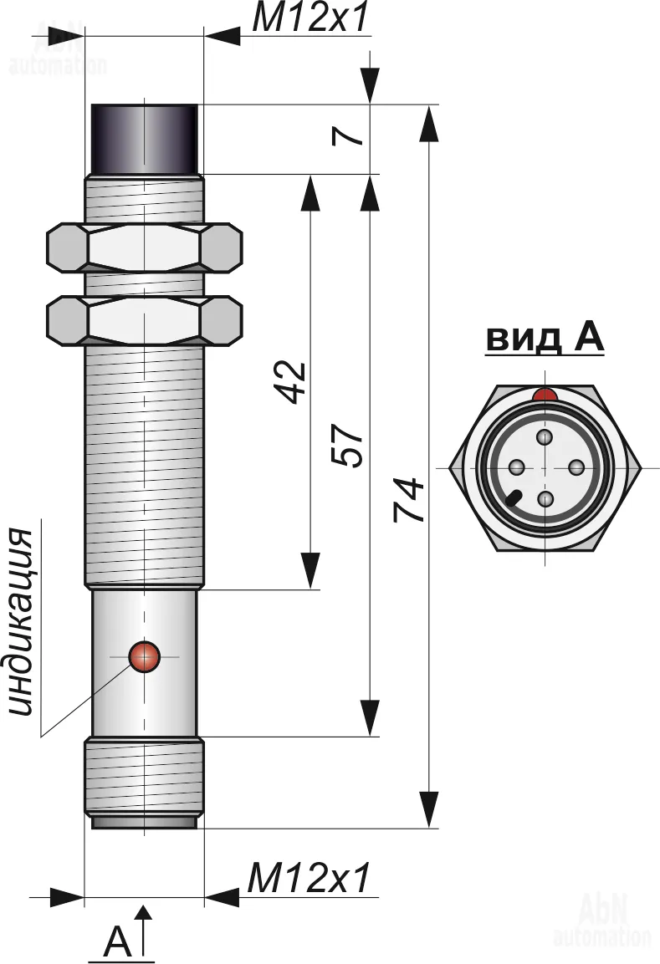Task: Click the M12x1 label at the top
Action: (x=310, y=18)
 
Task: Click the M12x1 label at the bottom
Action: (x=309, y=879)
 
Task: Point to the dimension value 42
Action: (x=292, y=383)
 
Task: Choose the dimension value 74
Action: (x=409, y=502)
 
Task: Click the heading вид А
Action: (x=545, y=339)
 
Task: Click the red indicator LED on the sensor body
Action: (x=144, y=657)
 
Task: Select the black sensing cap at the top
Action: (x=144, y=139)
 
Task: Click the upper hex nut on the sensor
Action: (x=144, y=248)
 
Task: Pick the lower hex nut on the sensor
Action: (x=144, y=320)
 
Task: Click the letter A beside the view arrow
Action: (x=118, y=943)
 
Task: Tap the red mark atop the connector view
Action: (x=545, y=394)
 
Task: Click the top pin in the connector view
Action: (x=545, y=437)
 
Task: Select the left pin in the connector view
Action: (x=516, y=467)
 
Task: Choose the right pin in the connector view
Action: (x=576, y=467)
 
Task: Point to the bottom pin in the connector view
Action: (x=545, y=499)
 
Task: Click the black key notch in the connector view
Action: (x=513, y=499)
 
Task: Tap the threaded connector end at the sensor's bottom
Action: (x=144, y=778)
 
